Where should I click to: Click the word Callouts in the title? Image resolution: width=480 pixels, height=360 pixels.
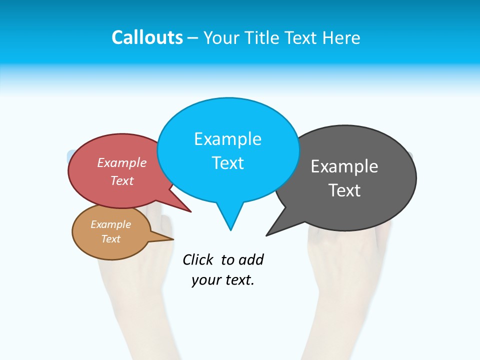(147, 37)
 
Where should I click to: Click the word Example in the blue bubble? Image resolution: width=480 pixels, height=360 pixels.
(227, 139)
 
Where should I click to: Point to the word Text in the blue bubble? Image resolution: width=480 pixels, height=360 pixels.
(227, 163)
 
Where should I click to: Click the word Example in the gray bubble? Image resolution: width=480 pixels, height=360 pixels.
(344, 166)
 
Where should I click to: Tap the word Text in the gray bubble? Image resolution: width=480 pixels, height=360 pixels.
(344, 190)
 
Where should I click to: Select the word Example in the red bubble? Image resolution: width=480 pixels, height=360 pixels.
(122, 162)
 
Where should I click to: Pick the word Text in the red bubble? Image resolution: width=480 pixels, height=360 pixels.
(122, 180)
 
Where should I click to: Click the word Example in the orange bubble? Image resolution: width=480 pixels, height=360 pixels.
(110, 224)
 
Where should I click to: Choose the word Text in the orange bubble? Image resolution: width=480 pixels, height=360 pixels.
(110, 239)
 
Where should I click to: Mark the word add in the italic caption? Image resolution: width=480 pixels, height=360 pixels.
(251, 259)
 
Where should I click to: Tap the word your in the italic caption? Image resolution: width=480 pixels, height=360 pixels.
(203, 280)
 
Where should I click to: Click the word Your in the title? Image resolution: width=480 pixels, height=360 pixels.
(221, 37)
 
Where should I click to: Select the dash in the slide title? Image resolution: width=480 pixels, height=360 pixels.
(193, 37)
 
